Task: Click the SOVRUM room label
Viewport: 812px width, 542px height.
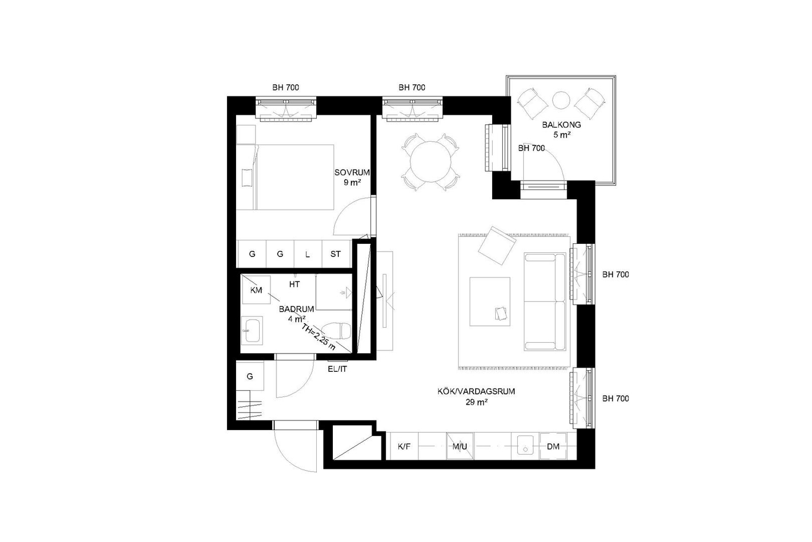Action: coord(352,173)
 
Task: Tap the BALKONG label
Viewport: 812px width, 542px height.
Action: coord(561,125)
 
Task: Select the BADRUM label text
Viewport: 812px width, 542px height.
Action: coord(296,309)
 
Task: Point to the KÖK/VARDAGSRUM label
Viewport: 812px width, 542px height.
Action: coord(476,391)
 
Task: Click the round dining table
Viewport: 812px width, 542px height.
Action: coord(430,162)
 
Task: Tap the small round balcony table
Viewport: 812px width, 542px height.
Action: coord(561,100)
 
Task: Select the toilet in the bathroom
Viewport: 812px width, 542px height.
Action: coord(336,331)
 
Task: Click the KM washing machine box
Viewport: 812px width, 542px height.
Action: coord(256,290)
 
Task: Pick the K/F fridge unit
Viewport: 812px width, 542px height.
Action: coord(404,447)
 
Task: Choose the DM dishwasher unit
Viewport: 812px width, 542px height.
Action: coord(553,447)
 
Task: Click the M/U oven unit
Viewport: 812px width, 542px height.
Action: coord(459,447)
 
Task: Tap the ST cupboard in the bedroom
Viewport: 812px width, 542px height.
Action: coord(336,254)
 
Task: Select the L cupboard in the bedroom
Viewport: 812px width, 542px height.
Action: coord(308,254)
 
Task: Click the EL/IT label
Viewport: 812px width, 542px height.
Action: coord(337,369)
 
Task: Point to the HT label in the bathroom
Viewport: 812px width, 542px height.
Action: coord(294,284)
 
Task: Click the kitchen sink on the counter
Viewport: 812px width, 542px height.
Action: coord(525,447)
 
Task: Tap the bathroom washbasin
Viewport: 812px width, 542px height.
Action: coord(252,330)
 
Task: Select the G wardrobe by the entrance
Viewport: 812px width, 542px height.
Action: coord(250,376)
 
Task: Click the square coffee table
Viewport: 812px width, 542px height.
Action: coord(490,302)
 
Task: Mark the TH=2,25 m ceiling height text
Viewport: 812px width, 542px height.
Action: coord(319,337)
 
